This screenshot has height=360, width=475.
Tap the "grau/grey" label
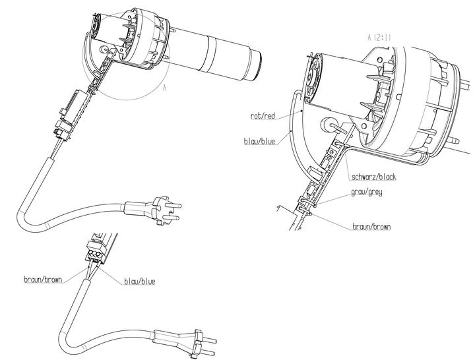(367, 193)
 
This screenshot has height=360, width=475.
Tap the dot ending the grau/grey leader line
(317, 204)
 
